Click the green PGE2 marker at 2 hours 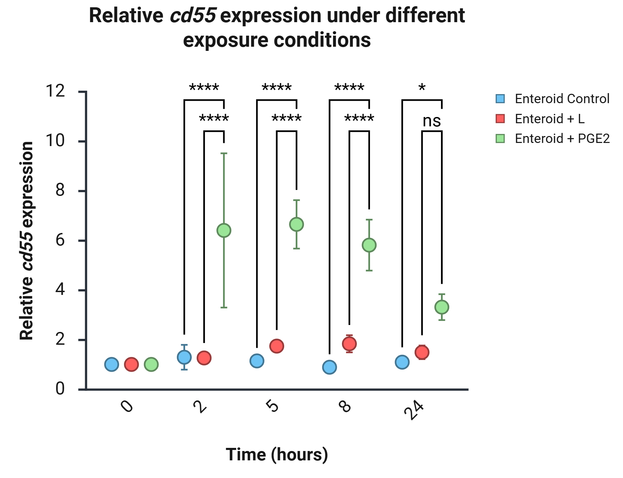[224, 231]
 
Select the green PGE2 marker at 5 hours [297, 224]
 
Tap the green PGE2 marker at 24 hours [442, 307]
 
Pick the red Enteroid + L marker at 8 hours [349, 344]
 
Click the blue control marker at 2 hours [184, 357]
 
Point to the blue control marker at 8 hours [329, 367]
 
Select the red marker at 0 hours [131, 364]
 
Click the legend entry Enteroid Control [552, 99]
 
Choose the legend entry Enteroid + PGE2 [552, 139]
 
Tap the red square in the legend [500, 119]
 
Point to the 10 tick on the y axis [82, 142]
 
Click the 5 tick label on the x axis [273, 405]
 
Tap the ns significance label [432, 121]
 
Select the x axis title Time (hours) [277, 455]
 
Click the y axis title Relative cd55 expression [27, 241]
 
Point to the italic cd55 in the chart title [193, 16]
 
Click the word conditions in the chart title [322, 40]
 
